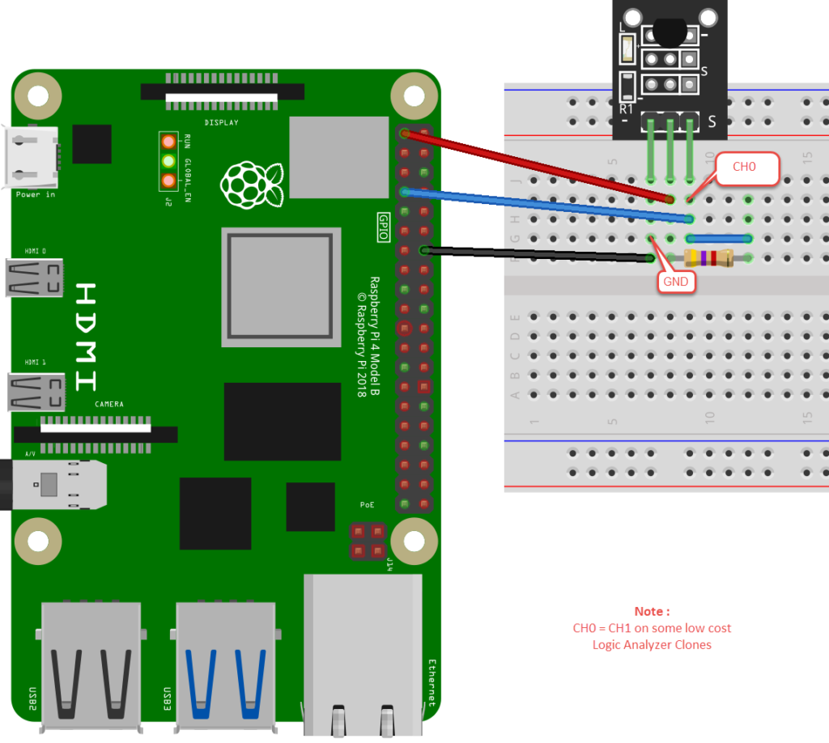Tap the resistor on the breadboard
708,258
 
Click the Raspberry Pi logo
252,184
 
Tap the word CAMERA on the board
108,403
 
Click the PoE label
367,504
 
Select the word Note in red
652,611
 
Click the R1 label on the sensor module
626,108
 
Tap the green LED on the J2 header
168,160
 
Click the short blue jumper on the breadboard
720,239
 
